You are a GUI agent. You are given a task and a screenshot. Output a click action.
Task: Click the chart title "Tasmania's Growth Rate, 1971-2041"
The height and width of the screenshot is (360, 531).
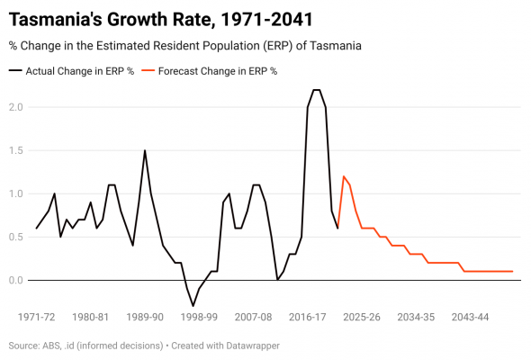[x=161, y=17]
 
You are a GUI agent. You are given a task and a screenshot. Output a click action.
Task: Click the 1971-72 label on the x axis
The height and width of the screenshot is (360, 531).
[x=37, y=318]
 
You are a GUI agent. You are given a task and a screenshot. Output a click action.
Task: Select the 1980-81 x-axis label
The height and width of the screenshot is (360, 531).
[x=91, y=318]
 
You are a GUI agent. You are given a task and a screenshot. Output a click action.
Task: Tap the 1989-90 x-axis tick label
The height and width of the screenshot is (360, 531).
[x=145, y=318]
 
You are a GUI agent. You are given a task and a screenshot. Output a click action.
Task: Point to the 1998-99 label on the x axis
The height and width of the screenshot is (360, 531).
[x=199, y=318]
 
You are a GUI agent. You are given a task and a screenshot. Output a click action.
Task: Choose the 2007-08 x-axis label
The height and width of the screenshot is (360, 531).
[x=253, y=318]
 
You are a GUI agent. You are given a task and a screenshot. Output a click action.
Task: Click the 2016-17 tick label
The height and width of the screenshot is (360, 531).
[x=308, y=318]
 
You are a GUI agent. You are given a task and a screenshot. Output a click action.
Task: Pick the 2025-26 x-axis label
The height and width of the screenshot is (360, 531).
[x=362, y=318]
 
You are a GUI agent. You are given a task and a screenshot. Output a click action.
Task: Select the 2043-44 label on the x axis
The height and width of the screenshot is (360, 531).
[x=470, y=318]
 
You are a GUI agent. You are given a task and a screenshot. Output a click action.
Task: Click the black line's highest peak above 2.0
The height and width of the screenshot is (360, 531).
[x=316, y=90]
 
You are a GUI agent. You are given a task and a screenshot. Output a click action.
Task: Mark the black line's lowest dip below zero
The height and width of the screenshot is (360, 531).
[x=193, y=306]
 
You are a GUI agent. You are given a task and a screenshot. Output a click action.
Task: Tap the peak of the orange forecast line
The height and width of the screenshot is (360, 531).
[x=343, y=176]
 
